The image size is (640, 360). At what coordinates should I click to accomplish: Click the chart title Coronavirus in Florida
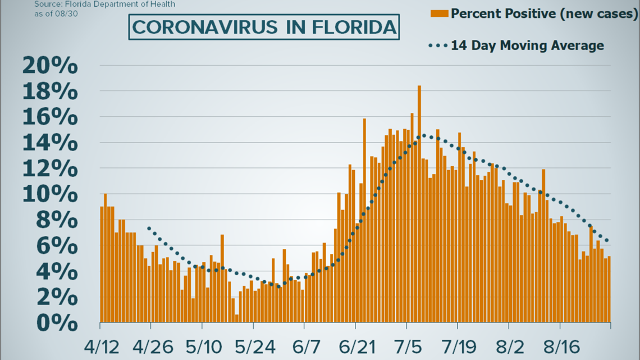[x=264, y=28]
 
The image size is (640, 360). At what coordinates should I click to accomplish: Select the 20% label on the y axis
[x=49, y=66]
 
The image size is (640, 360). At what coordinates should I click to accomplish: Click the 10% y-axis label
[x=49, y=195]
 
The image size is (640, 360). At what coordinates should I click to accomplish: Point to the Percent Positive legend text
[x=544, y=13]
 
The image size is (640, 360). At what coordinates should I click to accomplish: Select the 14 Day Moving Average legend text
[x=528, y=45]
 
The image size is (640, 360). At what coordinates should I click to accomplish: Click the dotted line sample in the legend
[x=438, y=45]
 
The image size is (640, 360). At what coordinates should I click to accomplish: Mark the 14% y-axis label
[x=49, y=144]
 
